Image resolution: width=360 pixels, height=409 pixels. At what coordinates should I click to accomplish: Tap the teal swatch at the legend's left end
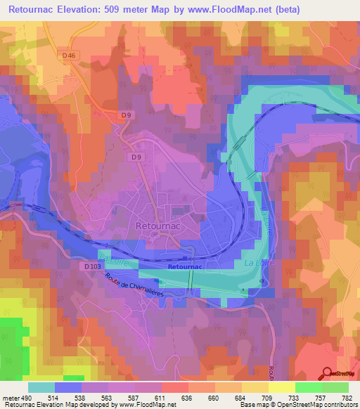point(41,387)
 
